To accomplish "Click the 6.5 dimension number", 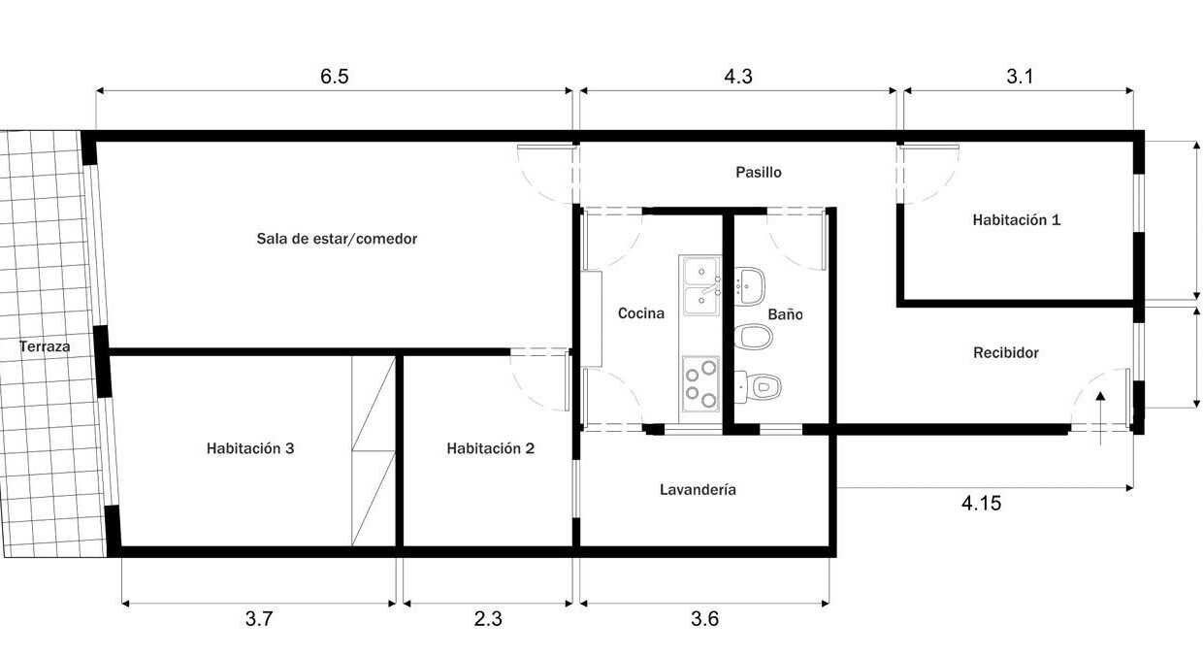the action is (x=334, y=77).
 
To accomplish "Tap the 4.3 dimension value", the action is (x=738, y=77).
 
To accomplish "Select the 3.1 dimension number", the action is (x=1020, y=77).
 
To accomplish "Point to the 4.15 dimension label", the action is (x=981, y=504).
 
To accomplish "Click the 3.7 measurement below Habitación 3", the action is (x=259, y=619).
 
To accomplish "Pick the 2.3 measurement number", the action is (x=488, y=619).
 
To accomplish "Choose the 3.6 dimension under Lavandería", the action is (x=704, y=619).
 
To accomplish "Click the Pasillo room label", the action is (x=759, y=173).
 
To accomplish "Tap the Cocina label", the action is (x=640, y=313).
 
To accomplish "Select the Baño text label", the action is (x=785, y=314).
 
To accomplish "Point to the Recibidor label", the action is (x=1006, y=353).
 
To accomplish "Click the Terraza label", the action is (x=45, y=346).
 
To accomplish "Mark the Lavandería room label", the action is (x=698, y=490).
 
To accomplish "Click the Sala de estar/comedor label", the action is (x=337, y=239).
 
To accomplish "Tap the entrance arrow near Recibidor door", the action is (x=1100, y=418).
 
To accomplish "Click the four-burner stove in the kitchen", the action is (x=700, y=383).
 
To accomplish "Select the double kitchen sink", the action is (x=700, y=286).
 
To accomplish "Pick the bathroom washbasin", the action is (x=749, y=286).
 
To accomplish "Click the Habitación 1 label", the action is (x=1017, y=219).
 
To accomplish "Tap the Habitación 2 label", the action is (x=490, y=448).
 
